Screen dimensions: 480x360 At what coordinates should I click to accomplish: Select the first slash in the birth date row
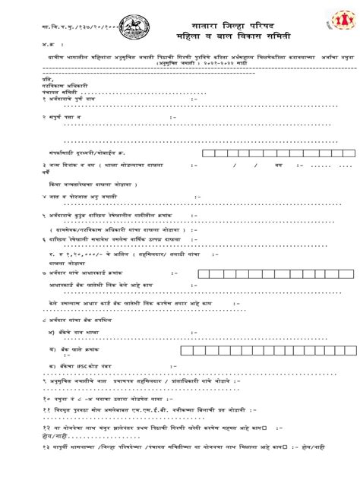pyautogui.click(x=235, y=164)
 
